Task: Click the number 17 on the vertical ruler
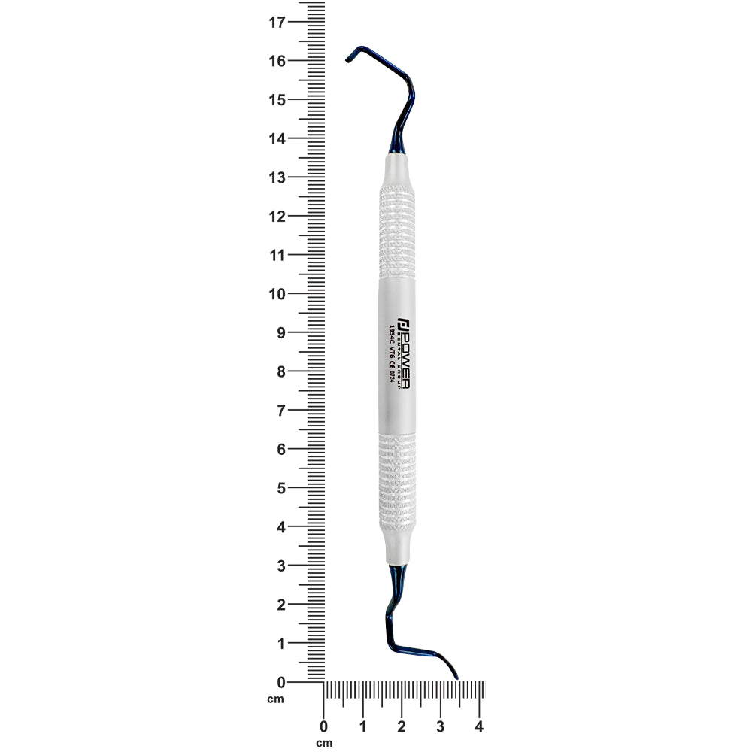click(277, 22)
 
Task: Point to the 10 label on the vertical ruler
click(277, 294)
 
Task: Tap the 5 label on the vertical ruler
click(281, 488)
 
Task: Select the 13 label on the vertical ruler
click(277, 177)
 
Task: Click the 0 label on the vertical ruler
click(281, 682)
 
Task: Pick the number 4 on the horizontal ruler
click(479, 727)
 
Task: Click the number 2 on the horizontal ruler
click(402, 727)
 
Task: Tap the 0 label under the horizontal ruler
click(324, 727)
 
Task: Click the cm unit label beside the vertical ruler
click(276, 700)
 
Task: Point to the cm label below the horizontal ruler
click(324, 743)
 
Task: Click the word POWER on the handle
click(402, 357)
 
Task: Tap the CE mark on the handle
click(391, 362)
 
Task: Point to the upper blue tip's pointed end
click(347, 59)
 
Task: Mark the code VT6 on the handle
click(391, 350)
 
